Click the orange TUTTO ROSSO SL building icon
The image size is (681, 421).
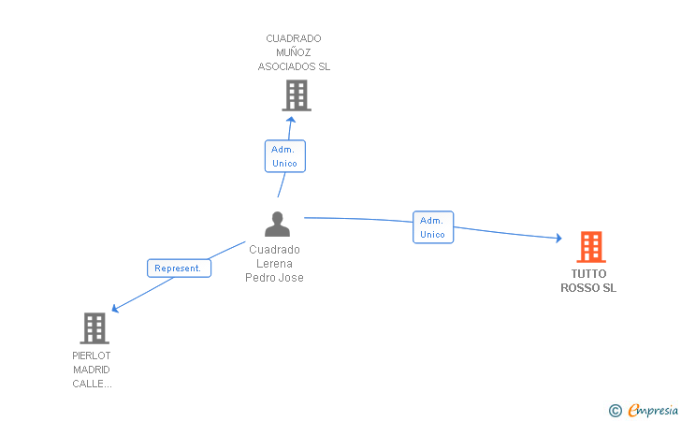click(x=591, y=247)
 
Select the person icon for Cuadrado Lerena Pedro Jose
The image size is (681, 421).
click(x=277, y=224)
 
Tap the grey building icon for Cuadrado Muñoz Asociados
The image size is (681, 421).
click(x=297, y=95)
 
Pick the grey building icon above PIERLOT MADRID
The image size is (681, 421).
click(x=94, y=328)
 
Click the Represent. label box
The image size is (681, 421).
click(x=179, y=269)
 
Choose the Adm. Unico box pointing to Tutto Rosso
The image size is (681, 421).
click(x=433, y=227)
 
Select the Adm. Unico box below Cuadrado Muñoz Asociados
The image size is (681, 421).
click(x=285, y=156)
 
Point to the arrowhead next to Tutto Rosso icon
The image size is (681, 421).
click(x=559, y=238)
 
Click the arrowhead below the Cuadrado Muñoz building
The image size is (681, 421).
click(x=291, y=120)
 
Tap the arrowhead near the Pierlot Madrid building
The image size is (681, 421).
click(x=115, y=308)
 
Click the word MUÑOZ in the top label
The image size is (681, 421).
click(x=294, y=52)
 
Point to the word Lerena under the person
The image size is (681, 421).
click(x=274, y=264)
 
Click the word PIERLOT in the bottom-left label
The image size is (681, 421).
click(x=92, y=356)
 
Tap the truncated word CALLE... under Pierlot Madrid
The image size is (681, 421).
click(x=92, y=384)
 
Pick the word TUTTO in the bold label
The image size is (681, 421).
click(x=588, y=274)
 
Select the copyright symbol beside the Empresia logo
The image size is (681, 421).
click(x=615, y=411)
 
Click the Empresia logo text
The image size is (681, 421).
click(x=653, y=410)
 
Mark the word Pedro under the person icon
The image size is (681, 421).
click(x=259, y=278)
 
